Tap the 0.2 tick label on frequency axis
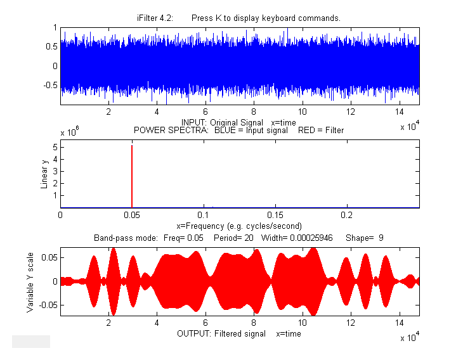pos(346,215)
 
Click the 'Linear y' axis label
pos(44,174)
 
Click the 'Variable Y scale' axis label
pos(30,281)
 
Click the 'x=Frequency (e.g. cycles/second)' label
pos(238,226)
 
